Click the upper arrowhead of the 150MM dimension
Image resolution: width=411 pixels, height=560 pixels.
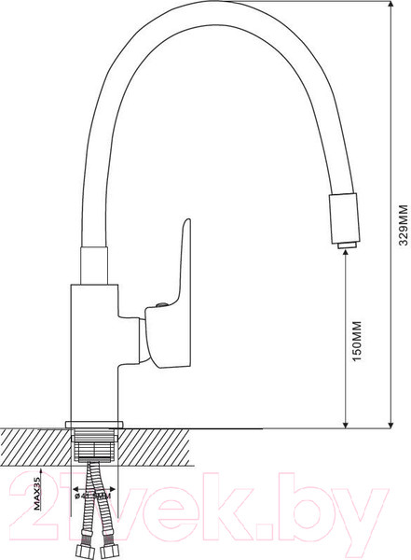[347, 255]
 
